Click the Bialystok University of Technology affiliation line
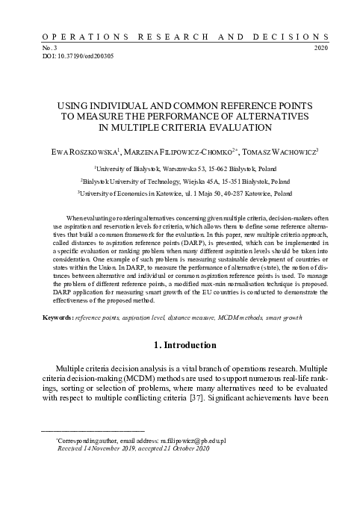pyautogui.click(x=180, y=182)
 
